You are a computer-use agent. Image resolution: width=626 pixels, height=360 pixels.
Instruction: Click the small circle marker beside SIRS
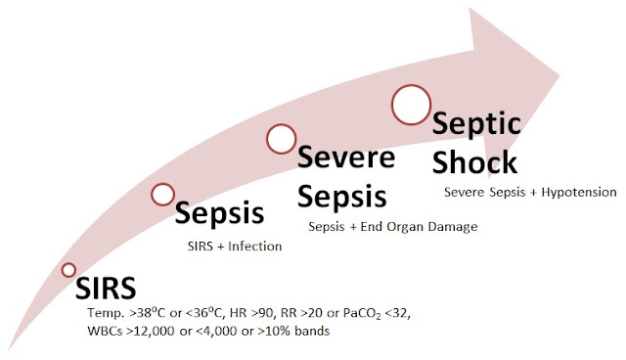68,269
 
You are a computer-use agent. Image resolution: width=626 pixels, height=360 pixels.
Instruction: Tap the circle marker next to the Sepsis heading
162,194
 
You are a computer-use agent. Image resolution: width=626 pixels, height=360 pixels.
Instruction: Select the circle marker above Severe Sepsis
281,140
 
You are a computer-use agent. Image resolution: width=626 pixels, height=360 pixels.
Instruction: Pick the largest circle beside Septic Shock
411,102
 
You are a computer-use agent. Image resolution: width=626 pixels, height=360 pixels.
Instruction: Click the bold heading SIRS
108,288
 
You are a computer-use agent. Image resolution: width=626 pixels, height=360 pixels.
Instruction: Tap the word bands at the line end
311,333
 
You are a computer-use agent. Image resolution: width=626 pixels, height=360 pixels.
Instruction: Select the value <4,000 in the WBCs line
217,333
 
